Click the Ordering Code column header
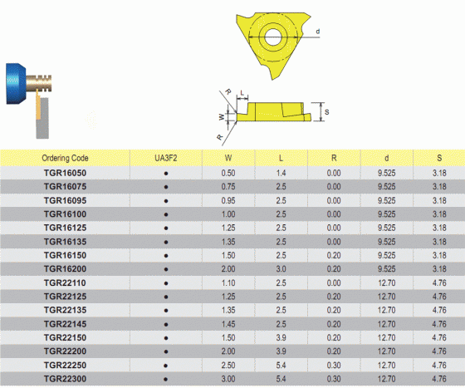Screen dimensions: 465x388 point(65,158)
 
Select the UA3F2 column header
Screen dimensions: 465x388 point(166,158)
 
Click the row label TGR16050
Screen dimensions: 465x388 point(65,173)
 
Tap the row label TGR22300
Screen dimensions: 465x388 point(65,379)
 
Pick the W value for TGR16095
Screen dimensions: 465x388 point(228,200)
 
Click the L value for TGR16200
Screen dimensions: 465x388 point(281,269)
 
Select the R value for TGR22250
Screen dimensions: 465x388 point(334,366)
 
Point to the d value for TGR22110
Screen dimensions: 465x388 point(386,283)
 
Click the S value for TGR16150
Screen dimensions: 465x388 point(439,255)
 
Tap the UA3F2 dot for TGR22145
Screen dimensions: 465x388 point(166,325)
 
